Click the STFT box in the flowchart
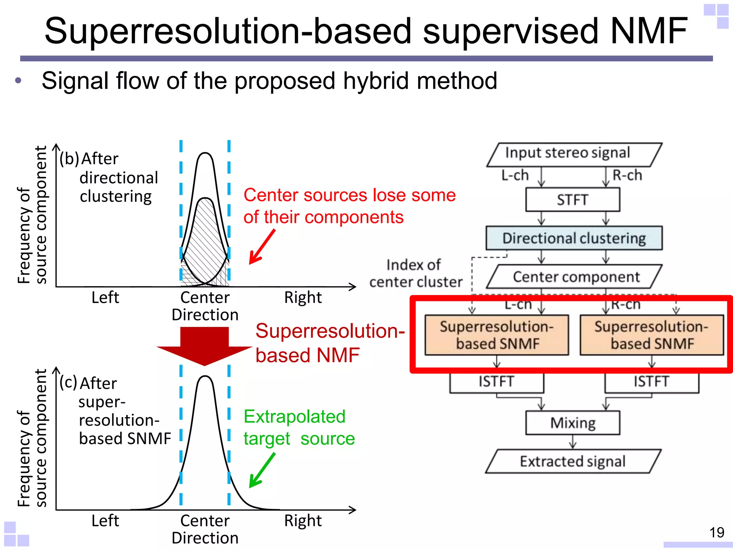pos(573,200)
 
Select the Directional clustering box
pos(574,238)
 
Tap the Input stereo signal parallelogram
pos(574,155)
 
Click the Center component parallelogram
pos(574,276)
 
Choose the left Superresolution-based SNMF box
pos(497,335)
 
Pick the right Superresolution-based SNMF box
pos(652,335)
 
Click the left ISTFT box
pos(497,382)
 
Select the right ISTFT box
pos(652,382)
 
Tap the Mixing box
pos(573,423)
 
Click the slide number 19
pos(717,532)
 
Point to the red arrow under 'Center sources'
pos(262,247)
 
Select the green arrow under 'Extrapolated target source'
pos(262,470)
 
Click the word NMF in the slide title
pos(649,31)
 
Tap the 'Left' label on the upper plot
pos(105,297)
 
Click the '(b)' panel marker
pos(69,159)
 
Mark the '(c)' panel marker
pos(68,382)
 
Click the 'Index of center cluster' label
pos(416,273)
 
